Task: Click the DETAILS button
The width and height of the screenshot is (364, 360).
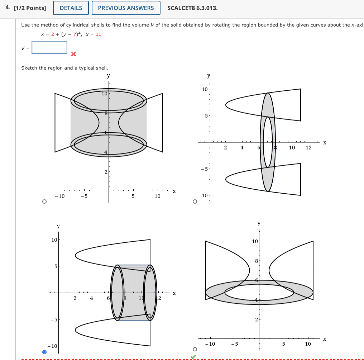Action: [x=71, y=8]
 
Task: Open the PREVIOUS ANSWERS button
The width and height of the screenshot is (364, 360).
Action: [x=125, y=8]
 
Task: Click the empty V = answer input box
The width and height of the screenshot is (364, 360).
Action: [x=49, y=47]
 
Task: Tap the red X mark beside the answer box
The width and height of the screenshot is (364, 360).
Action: [x=73, y=55]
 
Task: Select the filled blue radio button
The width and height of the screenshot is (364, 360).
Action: [x=44, y=352]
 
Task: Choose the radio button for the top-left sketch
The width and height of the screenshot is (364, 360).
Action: [x=44, y=202]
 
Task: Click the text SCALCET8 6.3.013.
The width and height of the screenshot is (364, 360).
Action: [x=192, y=8]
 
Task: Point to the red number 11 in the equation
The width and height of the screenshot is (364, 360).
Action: [x=99, y=34]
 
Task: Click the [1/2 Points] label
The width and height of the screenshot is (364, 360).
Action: [x=30, y=8]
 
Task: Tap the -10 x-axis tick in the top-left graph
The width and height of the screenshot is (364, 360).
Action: [x=59, y=196]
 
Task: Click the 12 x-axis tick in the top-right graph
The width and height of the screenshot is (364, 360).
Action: [x=309, y=147]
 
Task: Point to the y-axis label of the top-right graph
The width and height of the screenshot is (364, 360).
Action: [x=209, y=76]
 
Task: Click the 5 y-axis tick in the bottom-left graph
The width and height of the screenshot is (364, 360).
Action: [x=56, y=266]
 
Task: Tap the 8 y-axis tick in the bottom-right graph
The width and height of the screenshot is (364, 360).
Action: [x=256, y=261]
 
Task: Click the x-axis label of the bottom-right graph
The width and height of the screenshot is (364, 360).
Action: [x=325, y=339]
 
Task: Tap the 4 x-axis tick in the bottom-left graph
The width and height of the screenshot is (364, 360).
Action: [x=91, y=298]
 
